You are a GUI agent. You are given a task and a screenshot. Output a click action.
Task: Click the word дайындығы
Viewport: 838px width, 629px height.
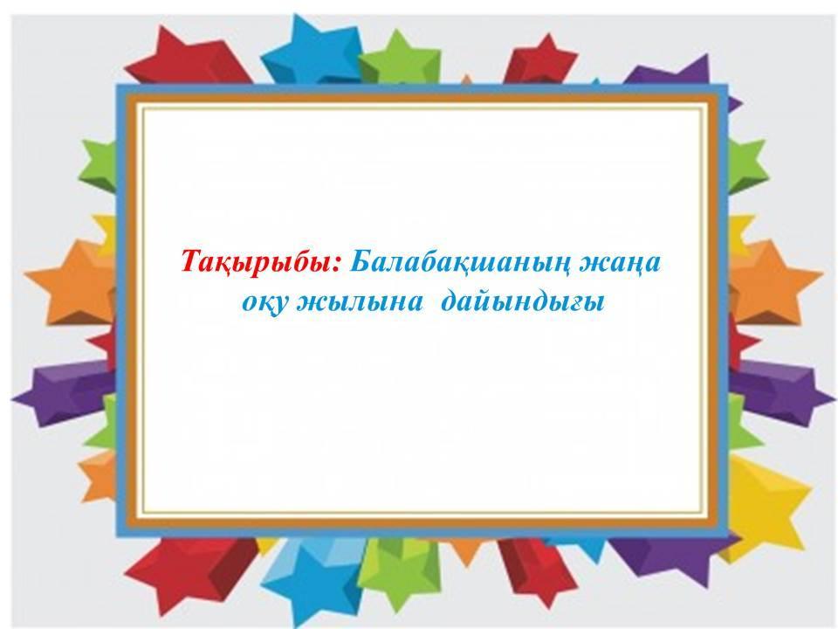(523, 303)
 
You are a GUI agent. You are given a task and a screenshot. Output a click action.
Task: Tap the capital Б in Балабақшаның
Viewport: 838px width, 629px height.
(361, 261)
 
